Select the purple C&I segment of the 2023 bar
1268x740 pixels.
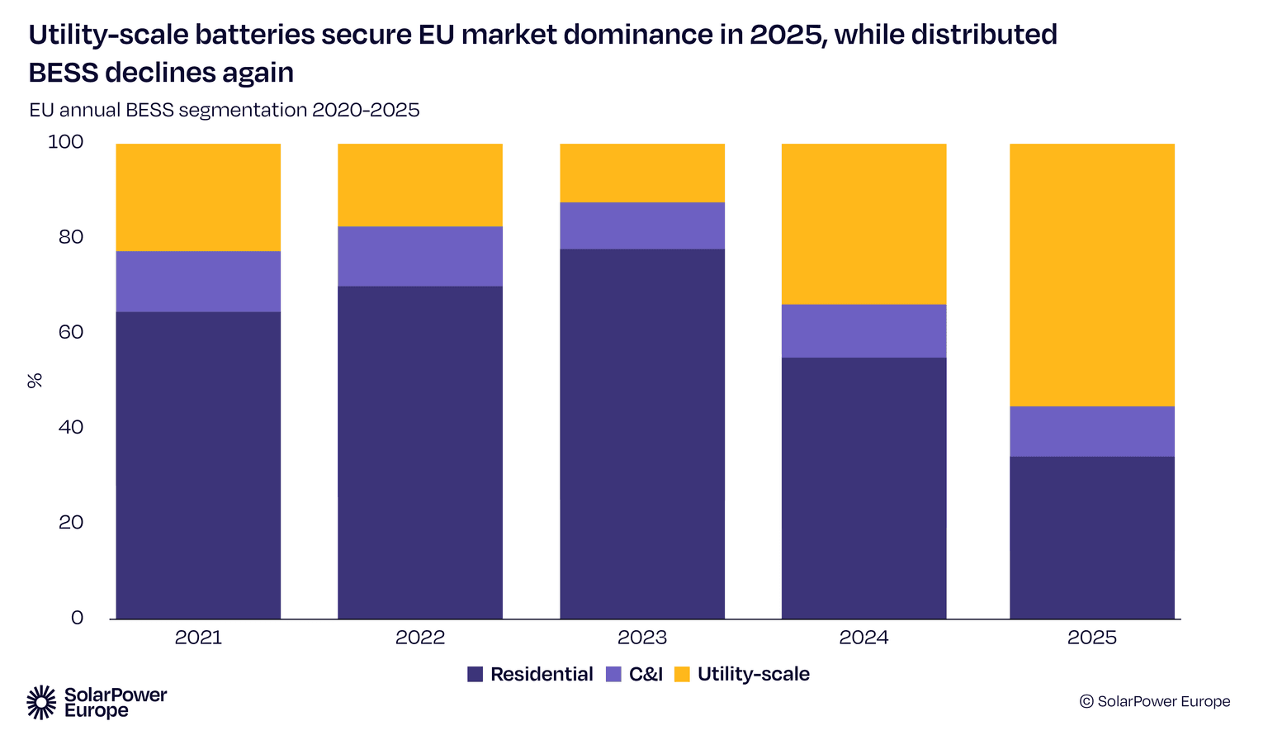click(642, 225)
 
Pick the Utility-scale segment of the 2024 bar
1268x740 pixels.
click(863, 224)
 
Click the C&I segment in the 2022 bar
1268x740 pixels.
click(420, 256)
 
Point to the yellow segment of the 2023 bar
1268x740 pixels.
click(642, 173)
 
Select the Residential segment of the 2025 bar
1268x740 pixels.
click(1091, 538)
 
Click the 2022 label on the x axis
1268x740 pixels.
click(420, 638)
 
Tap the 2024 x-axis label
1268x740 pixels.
click(863, 638)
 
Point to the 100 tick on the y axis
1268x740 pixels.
click(66, 142)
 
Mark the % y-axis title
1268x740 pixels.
click(35, 380)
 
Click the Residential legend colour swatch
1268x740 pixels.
click(475, 674)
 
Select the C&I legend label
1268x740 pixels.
click(646, 674)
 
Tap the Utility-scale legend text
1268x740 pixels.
click(753, 674)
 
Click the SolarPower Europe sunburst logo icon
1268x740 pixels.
click(42, 702)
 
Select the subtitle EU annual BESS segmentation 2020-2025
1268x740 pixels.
click(225, 110)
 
